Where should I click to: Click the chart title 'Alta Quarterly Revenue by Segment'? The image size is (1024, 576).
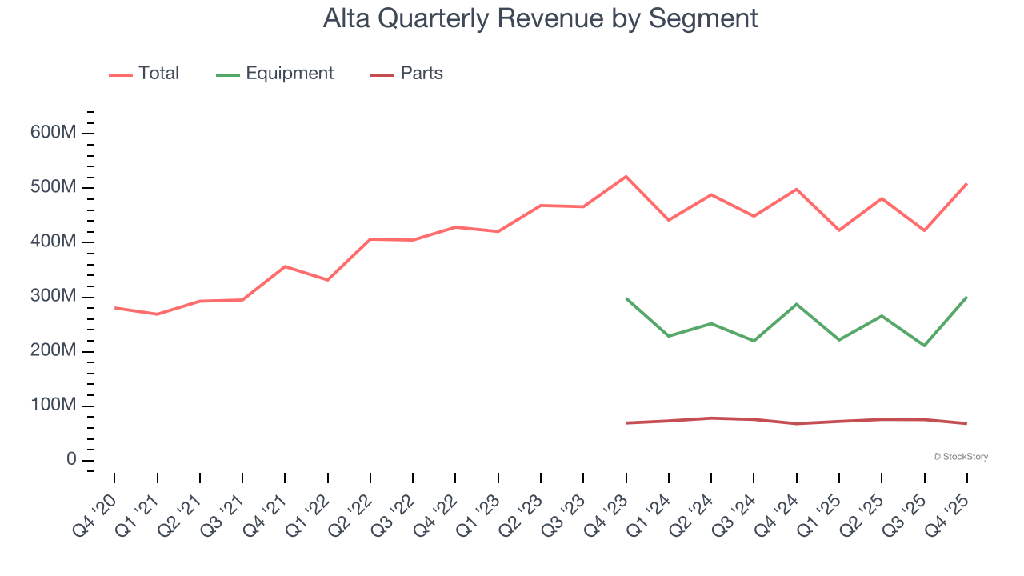pyautogui.click(x=540, y=18)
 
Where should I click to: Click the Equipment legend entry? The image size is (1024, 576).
pyautogui.click(x=274, y=74)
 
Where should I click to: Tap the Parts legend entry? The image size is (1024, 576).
pyautogui.click(x=406, y=74)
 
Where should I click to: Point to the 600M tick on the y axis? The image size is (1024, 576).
pyautogui.click(x=53, y=132)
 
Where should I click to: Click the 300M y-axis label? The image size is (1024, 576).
pyautogui.click(x=53, y=296)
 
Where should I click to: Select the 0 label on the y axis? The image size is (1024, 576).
pyautogui.click(x=70, y=460)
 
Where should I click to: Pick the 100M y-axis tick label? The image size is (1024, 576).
pyautogui.click(x=53, y=406)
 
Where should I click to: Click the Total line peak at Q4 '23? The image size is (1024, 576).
pyautogui.click(x=626, y=176)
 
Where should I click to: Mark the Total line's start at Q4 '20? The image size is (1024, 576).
pyautogui.click(x=114, y=307)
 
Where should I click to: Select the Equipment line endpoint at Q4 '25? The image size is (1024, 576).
pyautogui.click(x=966, y=297)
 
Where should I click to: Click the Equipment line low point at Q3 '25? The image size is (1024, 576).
pyautogui.click(x=924, y=346)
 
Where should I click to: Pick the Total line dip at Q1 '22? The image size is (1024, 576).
pyautogui.click(x=327, y=280)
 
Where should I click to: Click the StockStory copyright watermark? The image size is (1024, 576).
pyautogui.click(x=960, y=457)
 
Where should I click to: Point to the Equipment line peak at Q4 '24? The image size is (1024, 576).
pyautogui.click(x=796, y=304)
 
